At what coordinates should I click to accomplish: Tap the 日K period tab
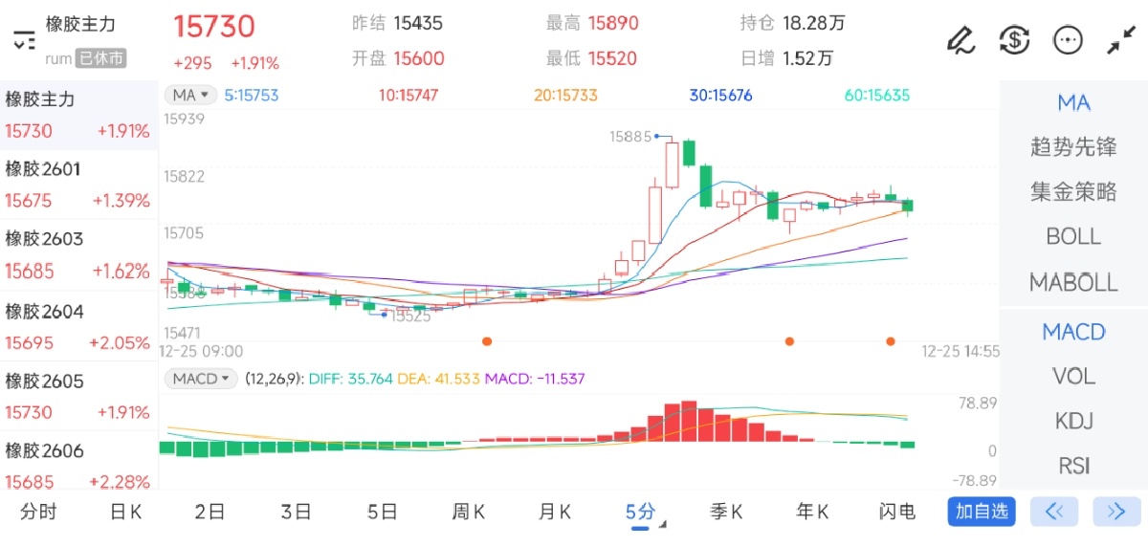tap(125, 513)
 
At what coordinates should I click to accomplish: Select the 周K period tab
tap(468, 513)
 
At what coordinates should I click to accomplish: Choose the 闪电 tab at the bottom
tap(896, 513)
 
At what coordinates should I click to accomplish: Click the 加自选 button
tap(982, 512)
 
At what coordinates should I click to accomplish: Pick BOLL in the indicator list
tap(1073, 236)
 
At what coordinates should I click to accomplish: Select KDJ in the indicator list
tap(1073, 422)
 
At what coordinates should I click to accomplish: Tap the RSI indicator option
tap(1073, 467)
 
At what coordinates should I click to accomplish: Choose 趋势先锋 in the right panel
tap(1073, 147)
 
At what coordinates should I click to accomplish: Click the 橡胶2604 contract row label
tap(45, 312)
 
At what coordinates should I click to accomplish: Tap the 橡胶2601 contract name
tap(43, 170)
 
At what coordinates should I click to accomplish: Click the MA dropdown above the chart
tap(189, 95)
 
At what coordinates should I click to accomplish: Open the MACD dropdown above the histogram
tap(201, 379)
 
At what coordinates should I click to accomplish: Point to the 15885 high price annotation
tap(630, 137)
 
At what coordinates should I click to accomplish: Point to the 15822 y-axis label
tap(185, 177)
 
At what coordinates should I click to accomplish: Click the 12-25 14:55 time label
tap(960, 352)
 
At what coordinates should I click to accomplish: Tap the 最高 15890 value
tap(613, 23)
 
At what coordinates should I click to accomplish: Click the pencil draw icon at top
tap(960, 40)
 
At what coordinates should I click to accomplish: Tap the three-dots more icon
tap(1068, 40)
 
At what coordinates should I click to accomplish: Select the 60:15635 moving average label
tap(877, 96)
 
